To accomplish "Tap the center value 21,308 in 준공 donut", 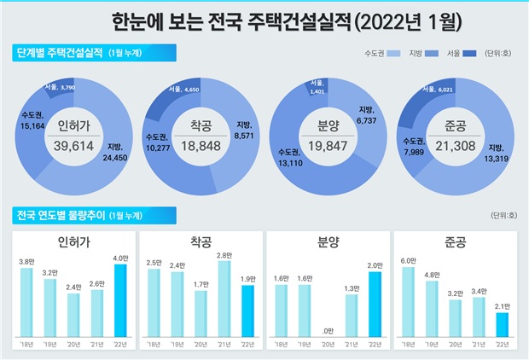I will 452,146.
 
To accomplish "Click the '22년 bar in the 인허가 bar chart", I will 120,301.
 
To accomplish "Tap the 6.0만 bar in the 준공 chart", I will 408,302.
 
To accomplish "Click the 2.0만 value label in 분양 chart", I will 375,265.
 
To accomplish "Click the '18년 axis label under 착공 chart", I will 154,344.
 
